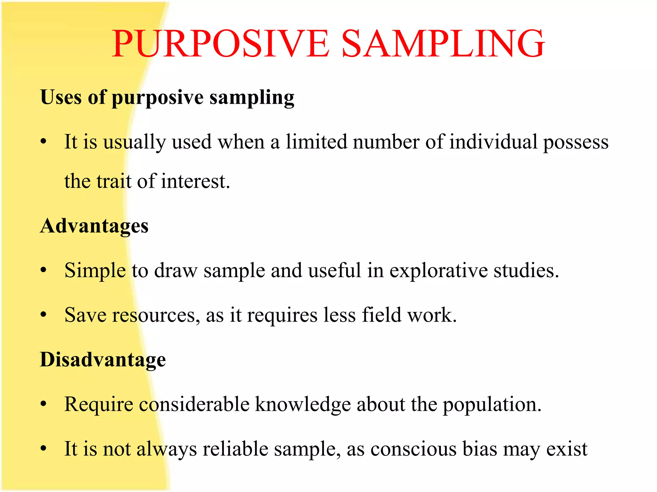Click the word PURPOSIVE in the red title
(221, 44)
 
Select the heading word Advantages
(94, 226)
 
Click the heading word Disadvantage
(103, 360)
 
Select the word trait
(114, 181)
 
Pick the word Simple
(95, 271)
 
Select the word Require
(98, 405)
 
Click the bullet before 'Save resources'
(44, 315)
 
